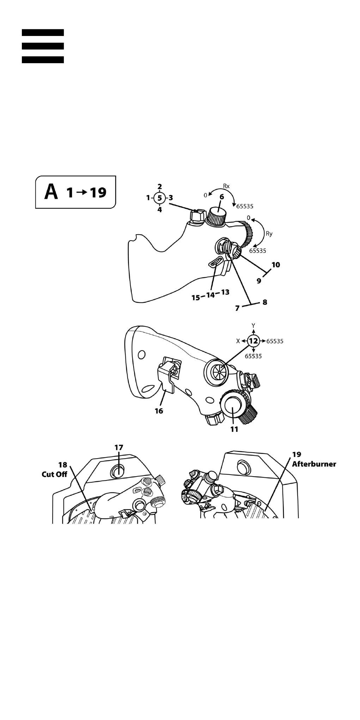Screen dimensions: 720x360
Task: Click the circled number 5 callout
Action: point(160,198)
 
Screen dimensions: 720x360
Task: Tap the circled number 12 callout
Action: point(254,341)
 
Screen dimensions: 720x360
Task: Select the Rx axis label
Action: point(226,186)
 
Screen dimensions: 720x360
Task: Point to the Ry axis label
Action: point(269,234)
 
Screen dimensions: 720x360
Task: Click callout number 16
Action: point(159,411)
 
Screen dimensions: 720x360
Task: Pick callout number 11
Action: point(234,429)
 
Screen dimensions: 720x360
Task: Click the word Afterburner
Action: point(314,464)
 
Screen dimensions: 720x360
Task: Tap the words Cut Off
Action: point(54,474)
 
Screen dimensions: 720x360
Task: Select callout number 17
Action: point(119,447)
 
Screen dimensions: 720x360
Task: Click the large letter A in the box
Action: point(51,192)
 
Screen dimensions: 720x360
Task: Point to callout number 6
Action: point(222,197)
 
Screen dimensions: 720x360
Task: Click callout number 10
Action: point(276,265)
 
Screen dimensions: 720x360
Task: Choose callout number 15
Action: point(196,298)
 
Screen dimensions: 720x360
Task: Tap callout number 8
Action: point(265,302)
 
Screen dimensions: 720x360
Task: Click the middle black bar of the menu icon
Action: point(43,46)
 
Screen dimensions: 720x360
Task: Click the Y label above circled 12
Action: point(254,326)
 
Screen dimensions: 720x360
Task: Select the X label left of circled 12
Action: point(238,341)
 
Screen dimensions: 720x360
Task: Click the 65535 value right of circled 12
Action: point(275,341)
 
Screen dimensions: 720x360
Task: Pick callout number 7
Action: point(237,308)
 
